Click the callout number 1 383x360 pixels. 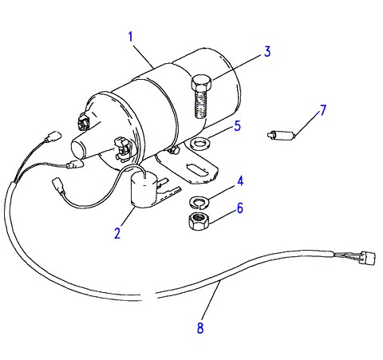(x=130, y=37)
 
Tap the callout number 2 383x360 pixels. (x=117, y=233)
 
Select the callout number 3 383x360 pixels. (x=267, y=52)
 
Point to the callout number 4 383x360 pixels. (x=240, y=181)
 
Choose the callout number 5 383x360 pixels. (x=237, y=126)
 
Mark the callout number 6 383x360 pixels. (x=240, y=208)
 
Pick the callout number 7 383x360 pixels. (x=322, y=110)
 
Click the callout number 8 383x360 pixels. (x=200, y=328)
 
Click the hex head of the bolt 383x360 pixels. (x=201, y=82)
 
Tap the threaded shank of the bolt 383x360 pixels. (x=200, y=104)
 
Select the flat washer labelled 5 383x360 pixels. (x=200, y=144)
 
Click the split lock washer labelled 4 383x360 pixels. (x=199, y=201)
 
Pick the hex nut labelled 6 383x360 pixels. (x=199, y=221)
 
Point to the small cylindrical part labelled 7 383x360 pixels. (x=281, y=135)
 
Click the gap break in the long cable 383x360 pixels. (x=149, y=296)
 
